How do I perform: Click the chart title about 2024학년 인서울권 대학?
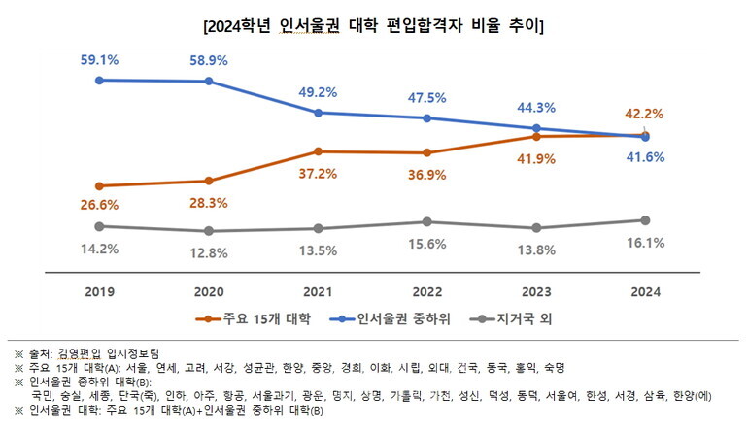click(x=374, y=26)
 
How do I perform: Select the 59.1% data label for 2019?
click(x=99, y=57)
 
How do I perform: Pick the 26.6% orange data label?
click(x=99, y=204)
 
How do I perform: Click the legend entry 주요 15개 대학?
click(x=238, y=317)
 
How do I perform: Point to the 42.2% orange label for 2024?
click(x=646, y=111)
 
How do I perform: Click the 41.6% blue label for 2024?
click(x=646, y=157)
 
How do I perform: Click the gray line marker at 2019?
click(x=99, y=226)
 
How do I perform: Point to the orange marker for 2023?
click(x=536, y=137)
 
